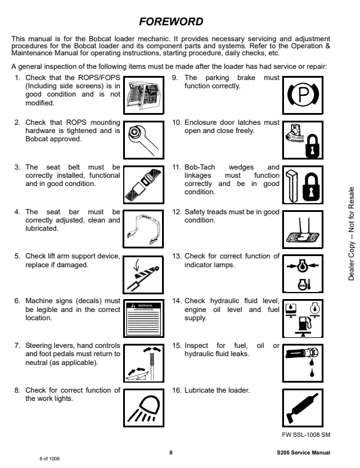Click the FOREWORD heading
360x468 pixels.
(171, 22)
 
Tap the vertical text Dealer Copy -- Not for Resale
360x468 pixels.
(352, 234)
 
